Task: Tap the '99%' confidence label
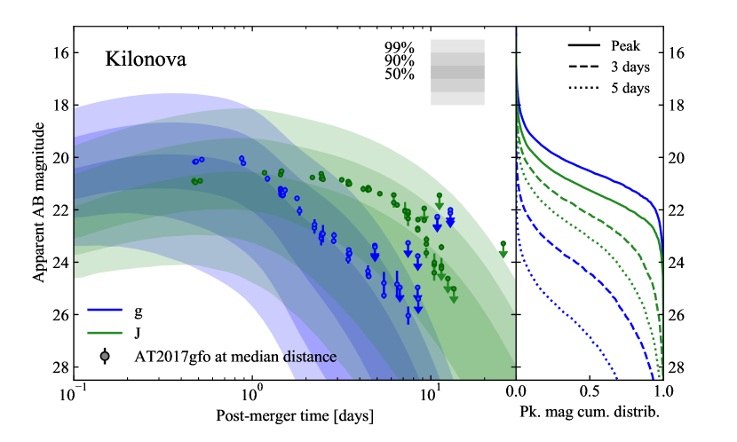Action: (399, 46)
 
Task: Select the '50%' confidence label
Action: (399, 74)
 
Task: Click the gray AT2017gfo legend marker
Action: (106, 356)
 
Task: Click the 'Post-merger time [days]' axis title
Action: (294, 415)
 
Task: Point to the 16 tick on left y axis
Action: (59, 52)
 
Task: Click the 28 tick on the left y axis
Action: (59, 367)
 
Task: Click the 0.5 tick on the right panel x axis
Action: (589, 391)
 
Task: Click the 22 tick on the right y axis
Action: (677, 210)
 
